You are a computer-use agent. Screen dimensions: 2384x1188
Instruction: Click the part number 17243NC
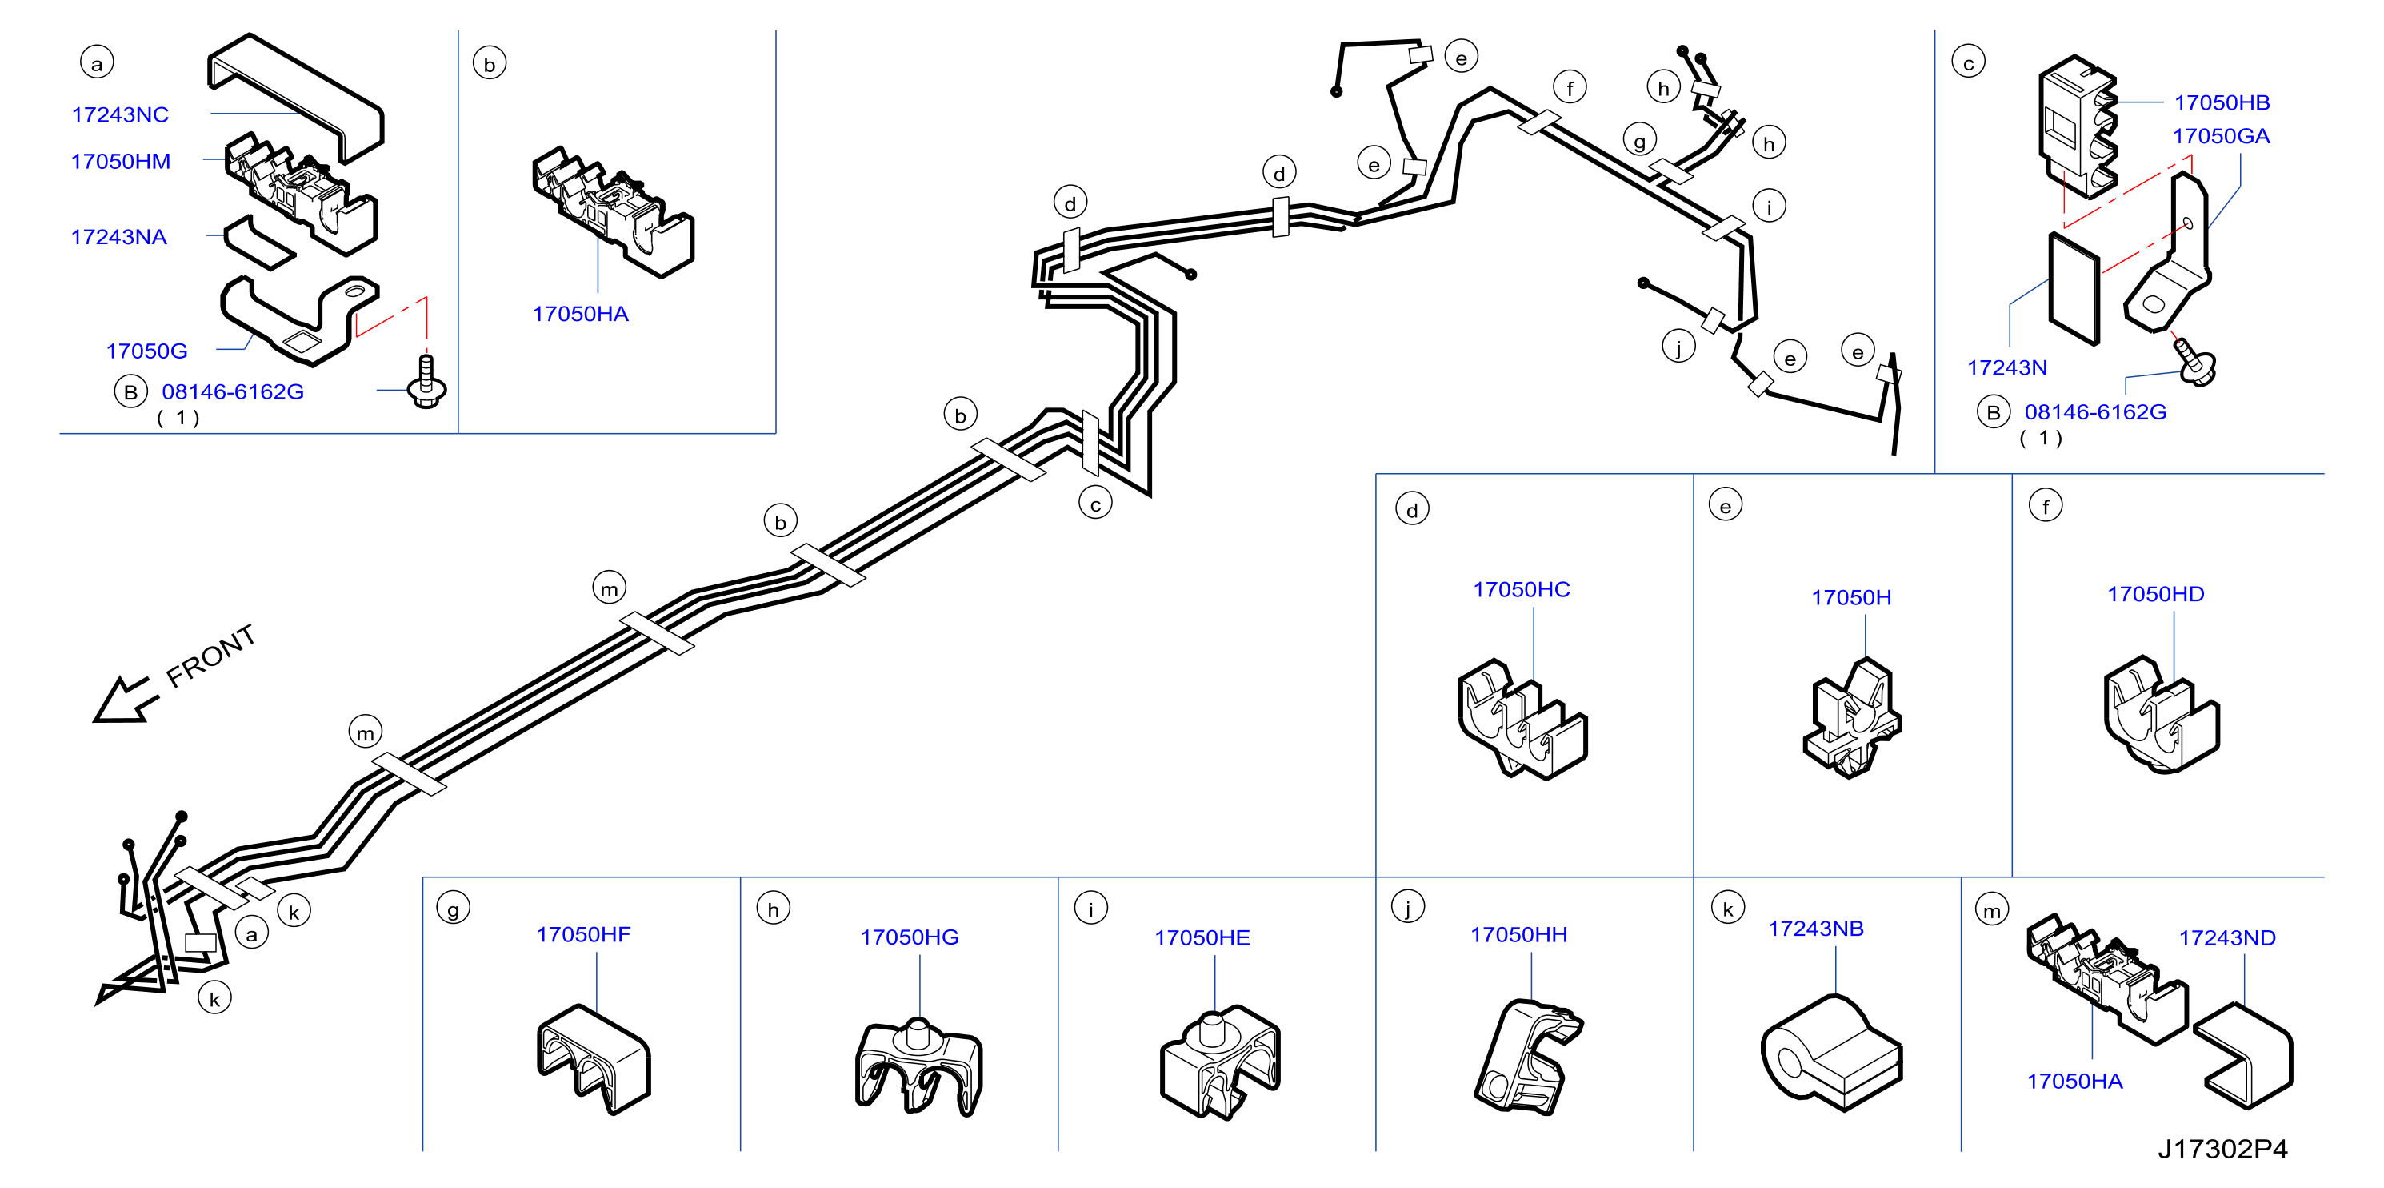pos(120,114)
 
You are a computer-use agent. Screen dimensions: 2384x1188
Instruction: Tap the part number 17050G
pos(146,351)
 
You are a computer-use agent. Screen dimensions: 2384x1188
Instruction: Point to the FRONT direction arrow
pos(125,699)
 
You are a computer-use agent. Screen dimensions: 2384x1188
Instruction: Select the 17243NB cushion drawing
pos(1831,1053)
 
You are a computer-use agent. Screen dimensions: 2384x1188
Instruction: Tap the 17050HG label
pos(909,937)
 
